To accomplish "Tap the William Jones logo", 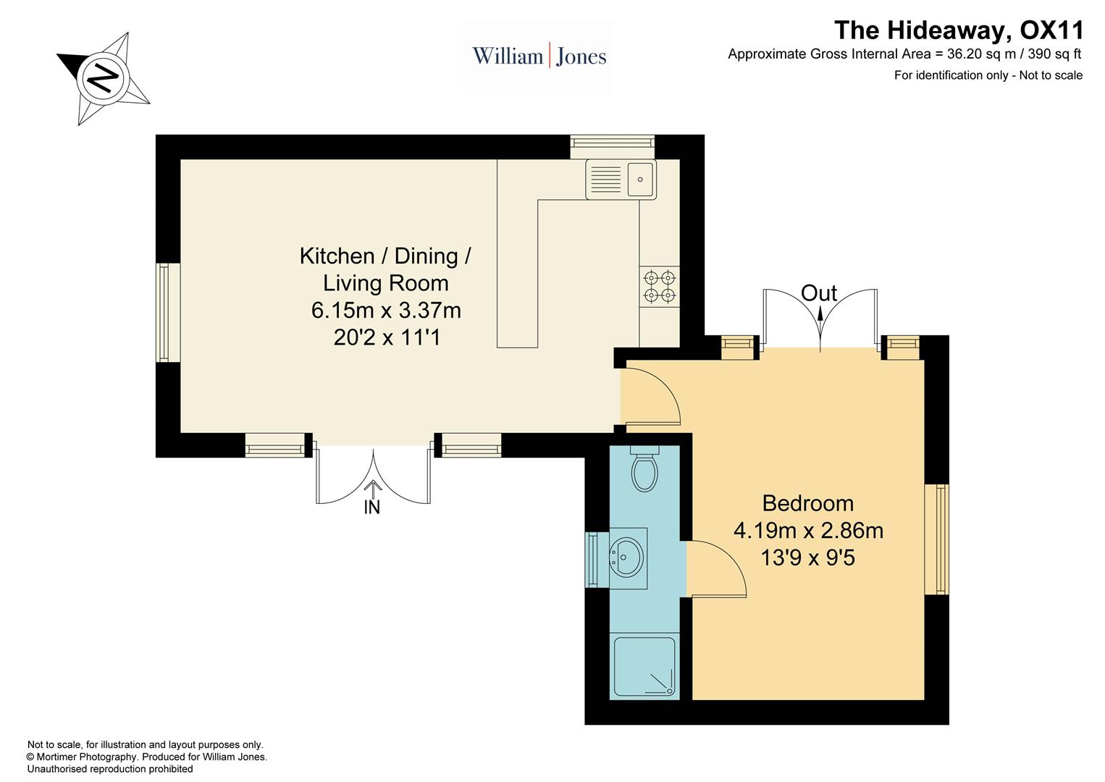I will (539, 56).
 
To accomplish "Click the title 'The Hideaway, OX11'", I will (959, 30).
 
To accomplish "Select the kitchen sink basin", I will (641, 179).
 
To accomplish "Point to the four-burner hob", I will (659, 286).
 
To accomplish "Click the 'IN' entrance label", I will (371, 508).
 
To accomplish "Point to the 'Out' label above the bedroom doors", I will (819, 293).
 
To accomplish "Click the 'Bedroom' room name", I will (807, 503).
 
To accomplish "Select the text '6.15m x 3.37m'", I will (386, 311).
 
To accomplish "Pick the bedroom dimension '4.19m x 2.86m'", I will (808, 531).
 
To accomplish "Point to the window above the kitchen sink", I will (612, 147).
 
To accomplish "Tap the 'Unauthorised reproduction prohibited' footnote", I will (110, 769).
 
